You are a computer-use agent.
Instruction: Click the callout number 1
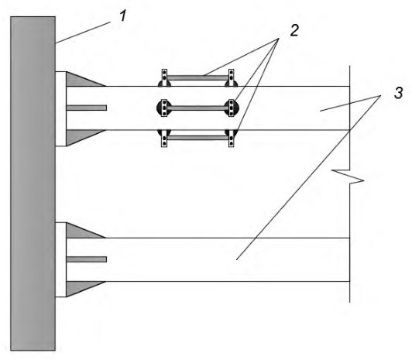tap(123, 15)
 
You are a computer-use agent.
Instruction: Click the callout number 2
tap(294, 30)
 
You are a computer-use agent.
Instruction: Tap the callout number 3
tap(398, 93)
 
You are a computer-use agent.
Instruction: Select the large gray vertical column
tap(33, 183)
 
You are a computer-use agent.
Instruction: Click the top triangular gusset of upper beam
tap(81, 80)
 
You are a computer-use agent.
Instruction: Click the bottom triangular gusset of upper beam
tap(81, 136)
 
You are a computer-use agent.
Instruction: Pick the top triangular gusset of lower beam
tap(81, 231)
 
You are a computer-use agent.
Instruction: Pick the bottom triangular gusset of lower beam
tap(81, 287)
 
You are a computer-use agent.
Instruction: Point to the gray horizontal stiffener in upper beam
tap(87, 108)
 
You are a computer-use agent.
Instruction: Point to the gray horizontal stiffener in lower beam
tap(87, 259)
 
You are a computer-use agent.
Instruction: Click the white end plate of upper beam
tap(60, 108)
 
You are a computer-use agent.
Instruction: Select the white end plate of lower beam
tap(60, 259)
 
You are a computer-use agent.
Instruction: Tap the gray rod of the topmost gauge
tap(197, 78)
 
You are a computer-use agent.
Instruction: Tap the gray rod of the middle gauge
tap(197, 108)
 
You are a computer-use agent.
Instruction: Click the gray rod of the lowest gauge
tap(197, 138)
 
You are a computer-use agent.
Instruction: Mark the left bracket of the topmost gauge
tap(164, 77)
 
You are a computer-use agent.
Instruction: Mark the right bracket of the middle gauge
tap(232, 108)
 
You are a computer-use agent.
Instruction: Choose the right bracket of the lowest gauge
tap(232, 139)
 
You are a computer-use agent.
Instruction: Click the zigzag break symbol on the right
tap(348, 176)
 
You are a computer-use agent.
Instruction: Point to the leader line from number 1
tap(83, 33)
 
